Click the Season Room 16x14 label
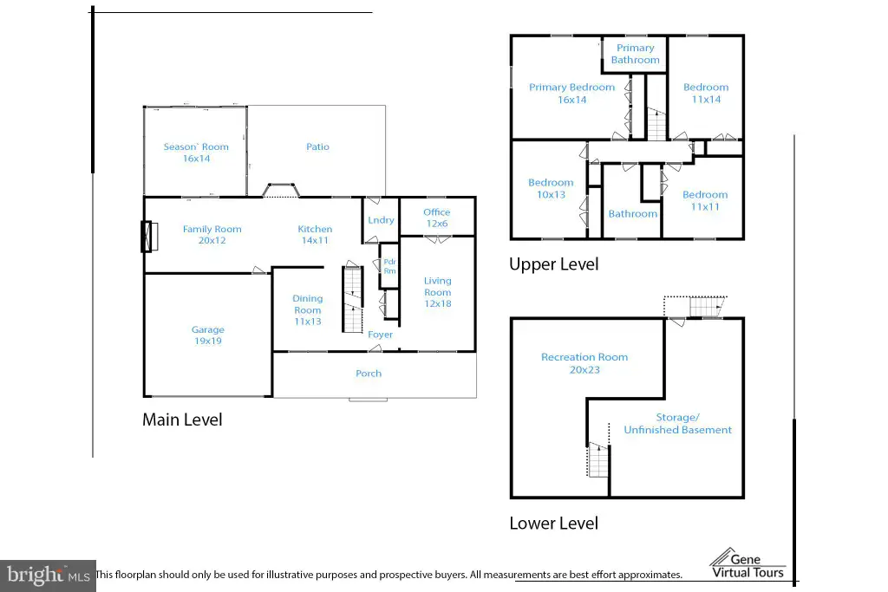click(x=196, y=153)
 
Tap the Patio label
click(x=317, y=146)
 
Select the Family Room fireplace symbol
click(x=149, y=236)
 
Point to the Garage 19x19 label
click(x=208, y=335)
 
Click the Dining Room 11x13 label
click(x=308, y=309)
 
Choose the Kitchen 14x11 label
click(x=315, y=234)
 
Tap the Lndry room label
click(x=381, y=219)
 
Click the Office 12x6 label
click(x=437, y=218)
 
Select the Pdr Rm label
click(x=389, y=266)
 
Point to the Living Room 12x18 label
click(x=438, y=292)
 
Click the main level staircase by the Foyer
click(x=352, y=299)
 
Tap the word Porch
click(x=369, y=374)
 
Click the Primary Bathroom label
click(x=636, y=54)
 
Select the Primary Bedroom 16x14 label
click(x=572, y=94)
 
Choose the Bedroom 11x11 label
click(x=705, y=200)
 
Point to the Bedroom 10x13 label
click(x=551, y=188)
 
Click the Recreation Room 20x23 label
click(x=584, y=363)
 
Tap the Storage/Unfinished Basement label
click(x=678, y=423)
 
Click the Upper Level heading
click(x=554, y=264)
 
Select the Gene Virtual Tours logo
click(x=748, y=563)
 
